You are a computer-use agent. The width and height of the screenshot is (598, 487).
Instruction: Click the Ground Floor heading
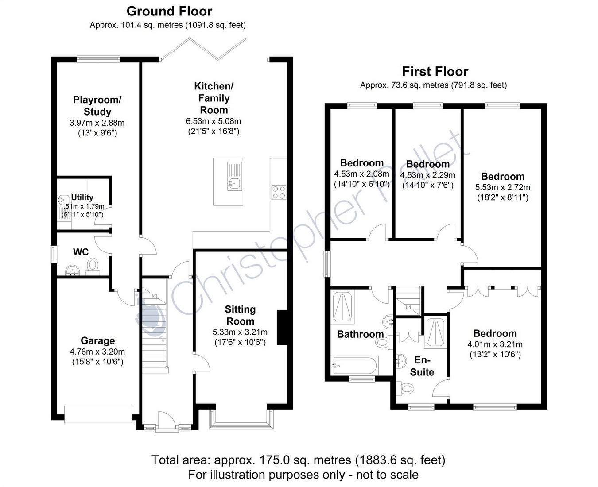coord(169,12)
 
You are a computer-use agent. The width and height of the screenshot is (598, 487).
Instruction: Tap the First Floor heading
coord(435,72)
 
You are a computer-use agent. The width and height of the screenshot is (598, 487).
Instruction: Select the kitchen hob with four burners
coord(279,193)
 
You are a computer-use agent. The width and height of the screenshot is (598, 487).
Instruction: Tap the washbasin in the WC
coord(73,271)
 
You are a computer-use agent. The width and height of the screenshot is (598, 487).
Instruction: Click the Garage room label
coord(98,340)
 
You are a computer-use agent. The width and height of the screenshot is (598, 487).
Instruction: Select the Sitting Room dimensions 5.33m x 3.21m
coord(240,332)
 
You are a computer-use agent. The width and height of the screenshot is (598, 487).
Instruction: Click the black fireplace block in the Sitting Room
coord(282,327)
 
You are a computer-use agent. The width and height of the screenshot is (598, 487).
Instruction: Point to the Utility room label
coord(82,197)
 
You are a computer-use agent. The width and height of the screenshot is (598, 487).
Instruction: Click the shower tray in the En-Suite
coord(435,332)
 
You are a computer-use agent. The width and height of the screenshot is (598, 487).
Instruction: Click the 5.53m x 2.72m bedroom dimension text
coord(503,187)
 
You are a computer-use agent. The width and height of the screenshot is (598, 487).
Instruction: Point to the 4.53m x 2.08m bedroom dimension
coord(361,174)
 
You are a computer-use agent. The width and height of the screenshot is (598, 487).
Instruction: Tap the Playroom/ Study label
coord(97,106)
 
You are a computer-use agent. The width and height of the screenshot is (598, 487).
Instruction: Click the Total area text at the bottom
coord(299,460)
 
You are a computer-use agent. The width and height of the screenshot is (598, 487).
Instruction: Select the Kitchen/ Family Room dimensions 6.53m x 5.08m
coord(214,121)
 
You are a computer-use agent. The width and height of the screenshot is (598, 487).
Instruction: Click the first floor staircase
coord(408,301)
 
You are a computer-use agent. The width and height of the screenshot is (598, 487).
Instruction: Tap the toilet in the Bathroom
coord(384,342)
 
